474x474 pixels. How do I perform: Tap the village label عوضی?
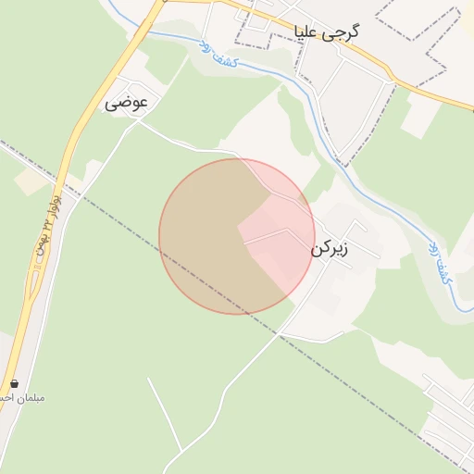pos(126,102)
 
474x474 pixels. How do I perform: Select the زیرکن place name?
pos(331,250)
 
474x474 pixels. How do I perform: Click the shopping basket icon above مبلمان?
pos(14,382)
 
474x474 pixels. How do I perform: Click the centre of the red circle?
pos(237,236)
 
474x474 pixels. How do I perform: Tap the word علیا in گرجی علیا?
pos(307,32)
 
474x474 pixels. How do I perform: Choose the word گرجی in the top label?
pos(343,32)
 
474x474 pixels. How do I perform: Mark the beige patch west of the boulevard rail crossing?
pos(32,182)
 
